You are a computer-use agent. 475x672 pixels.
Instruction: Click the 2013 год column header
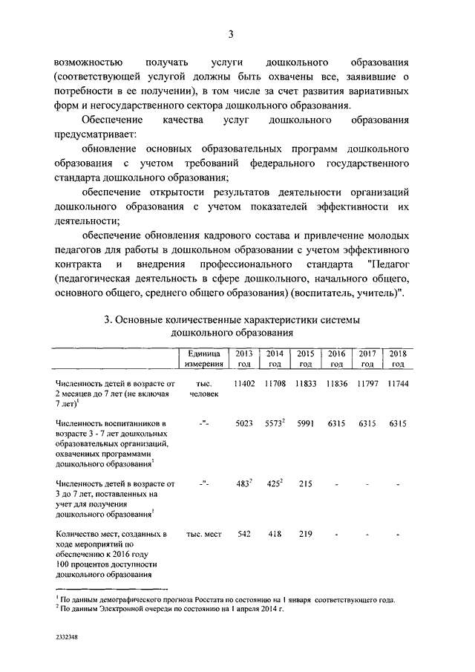point(243,358)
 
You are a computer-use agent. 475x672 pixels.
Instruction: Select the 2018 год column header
point(398,358)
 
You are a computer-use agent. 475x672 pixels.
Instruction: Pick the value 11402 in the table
point(243,383)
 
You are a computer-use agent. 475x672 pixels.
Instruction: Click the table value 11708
point(275,383)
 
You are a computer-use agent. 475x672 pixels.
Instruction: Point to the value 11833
point(305,383)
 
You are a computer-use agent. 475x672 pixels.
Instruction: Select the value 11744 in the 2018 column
point(398,383)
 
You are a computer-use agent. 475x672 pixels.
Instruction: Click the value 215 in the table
point(305,483)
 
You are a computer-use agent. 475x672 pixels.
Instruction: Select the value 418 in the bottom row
point(275,534)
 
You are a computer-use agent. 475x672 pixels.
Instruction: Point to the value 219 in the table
point(305,534)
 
